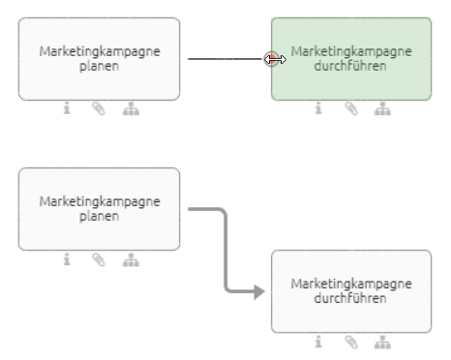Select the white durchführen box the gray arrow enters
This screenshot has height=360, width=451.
[x=351, y=290]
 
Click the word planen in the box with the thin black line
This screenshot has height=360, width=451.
[x=99, y=66]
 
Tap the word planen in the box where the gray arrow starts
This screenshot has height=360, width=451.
[x=99, y=216]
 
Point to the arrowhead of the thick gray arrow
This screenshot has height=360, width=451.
[x=258, y=290]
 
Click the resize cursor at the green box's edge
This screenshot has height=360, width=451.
[x=274, y=59]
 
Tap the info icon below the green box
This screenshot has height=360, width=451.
[x=318, y=109]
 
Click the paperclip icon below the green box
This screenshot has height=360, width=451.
[x=350, y=109]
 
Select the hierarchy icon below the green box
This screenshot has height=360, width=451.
[x=381, y=109]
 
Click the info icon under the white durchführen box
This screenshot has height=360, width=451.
[x=318, y=342]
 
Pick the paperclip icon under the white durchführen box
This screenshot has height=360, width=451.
[x=350, y=342]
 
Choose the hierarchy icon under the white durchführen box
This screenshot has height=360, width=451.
[x=381, y=342]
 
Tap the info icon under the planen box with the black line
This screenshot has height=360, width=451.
[x=67, y=109]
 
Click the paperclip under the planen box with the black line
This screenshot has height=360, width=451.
[x=98, y=109]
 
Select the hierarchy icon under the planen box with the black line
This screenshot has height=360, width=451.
[x=130, y=109]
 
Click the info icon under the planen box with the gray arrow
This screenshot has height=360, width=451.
[x=67, y=259]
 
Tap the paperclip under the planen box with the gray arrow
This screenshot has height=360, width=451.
[x=98, y=259]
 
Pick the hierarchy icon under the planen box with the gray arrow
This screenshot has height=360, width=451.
[x=130, y=259]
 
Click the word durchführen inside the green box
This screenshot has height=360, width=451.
[x=351, y=66]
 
